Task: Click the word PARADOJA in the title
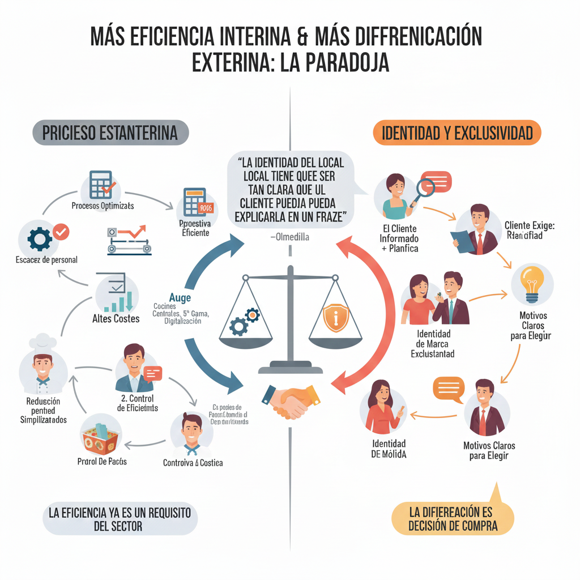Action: (x=347, y=62)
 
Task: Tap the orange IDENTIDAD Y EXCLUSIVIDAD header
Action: (x=457, y=134)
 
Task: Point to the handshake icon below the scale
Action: (x=289, y=400)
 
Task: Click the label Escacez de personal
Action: (x=47, y=260)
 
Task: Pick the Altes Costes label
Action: (x=116, y=319)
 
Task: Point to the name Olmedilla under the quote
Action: (x=289, y=238)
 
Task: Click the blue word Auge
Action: (x=180, y=298)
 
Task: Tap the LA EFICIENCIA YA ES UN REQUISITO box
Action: (x=120, y=518)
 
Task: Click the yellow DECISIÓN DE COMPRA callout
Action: (x=453, y=519)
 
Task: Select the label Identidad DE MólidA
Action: (x=389, y=449)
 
